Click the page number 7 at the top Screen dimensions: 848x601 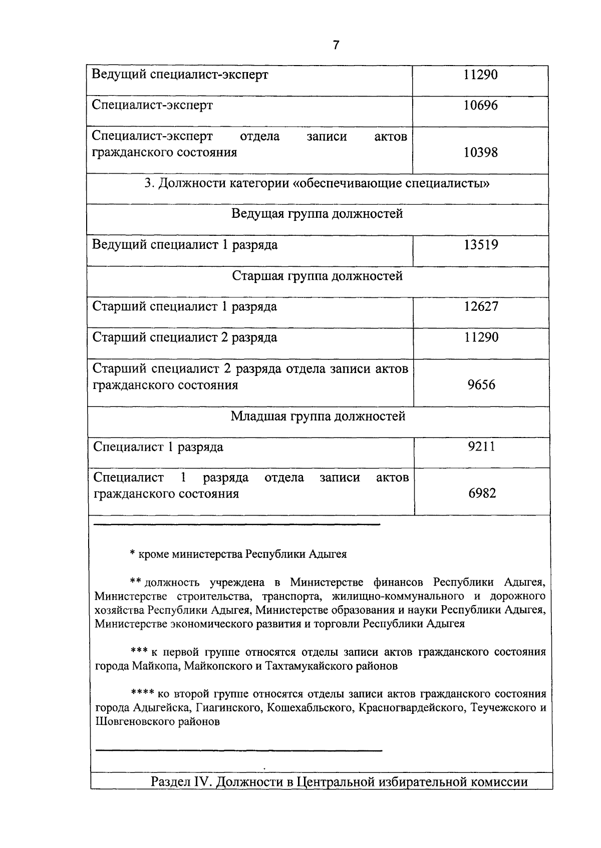point(336,46)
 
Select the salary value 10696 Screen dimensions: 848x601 point(480,106)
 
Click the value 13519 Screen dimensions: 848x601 point(480,245)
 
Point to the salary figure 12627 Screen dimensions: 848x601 point(481,306)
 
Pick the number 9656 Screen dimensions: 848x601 point(481,385)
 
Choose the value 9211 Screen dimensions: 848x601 point(481,447)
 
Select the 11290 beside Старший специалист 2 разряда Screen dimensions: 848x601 point(481,337)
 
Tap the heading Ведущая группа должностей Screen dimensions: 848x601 point(317,214)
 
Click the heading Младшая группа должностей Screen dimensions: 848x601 point(318,416)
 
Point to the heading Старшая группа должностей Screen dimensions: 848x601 point(318,276)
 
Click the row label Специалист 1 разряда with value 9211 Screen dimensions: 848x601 point(158,447)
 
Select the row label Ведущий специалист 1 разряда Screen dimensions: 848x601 point(185,245)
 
